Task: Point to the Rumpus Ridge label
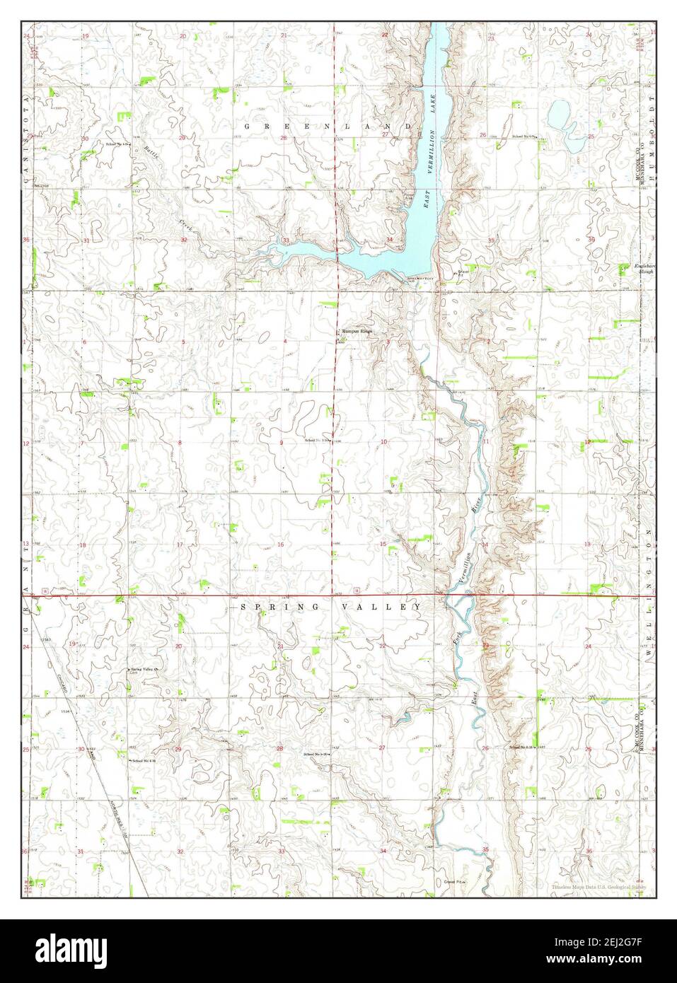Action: tap(357, 331)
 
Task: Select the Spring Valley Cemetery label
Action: tap(143, 670)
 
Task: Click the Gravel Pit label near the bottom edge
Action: tap(453, 882)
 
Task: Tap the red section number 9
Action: tap(282, 443)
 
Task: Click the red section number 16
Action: tap(281, 545)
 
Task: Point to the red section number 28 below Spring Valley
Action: tap(280, 748)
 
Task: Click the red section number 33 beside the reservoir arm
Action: tap(286, 241)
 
